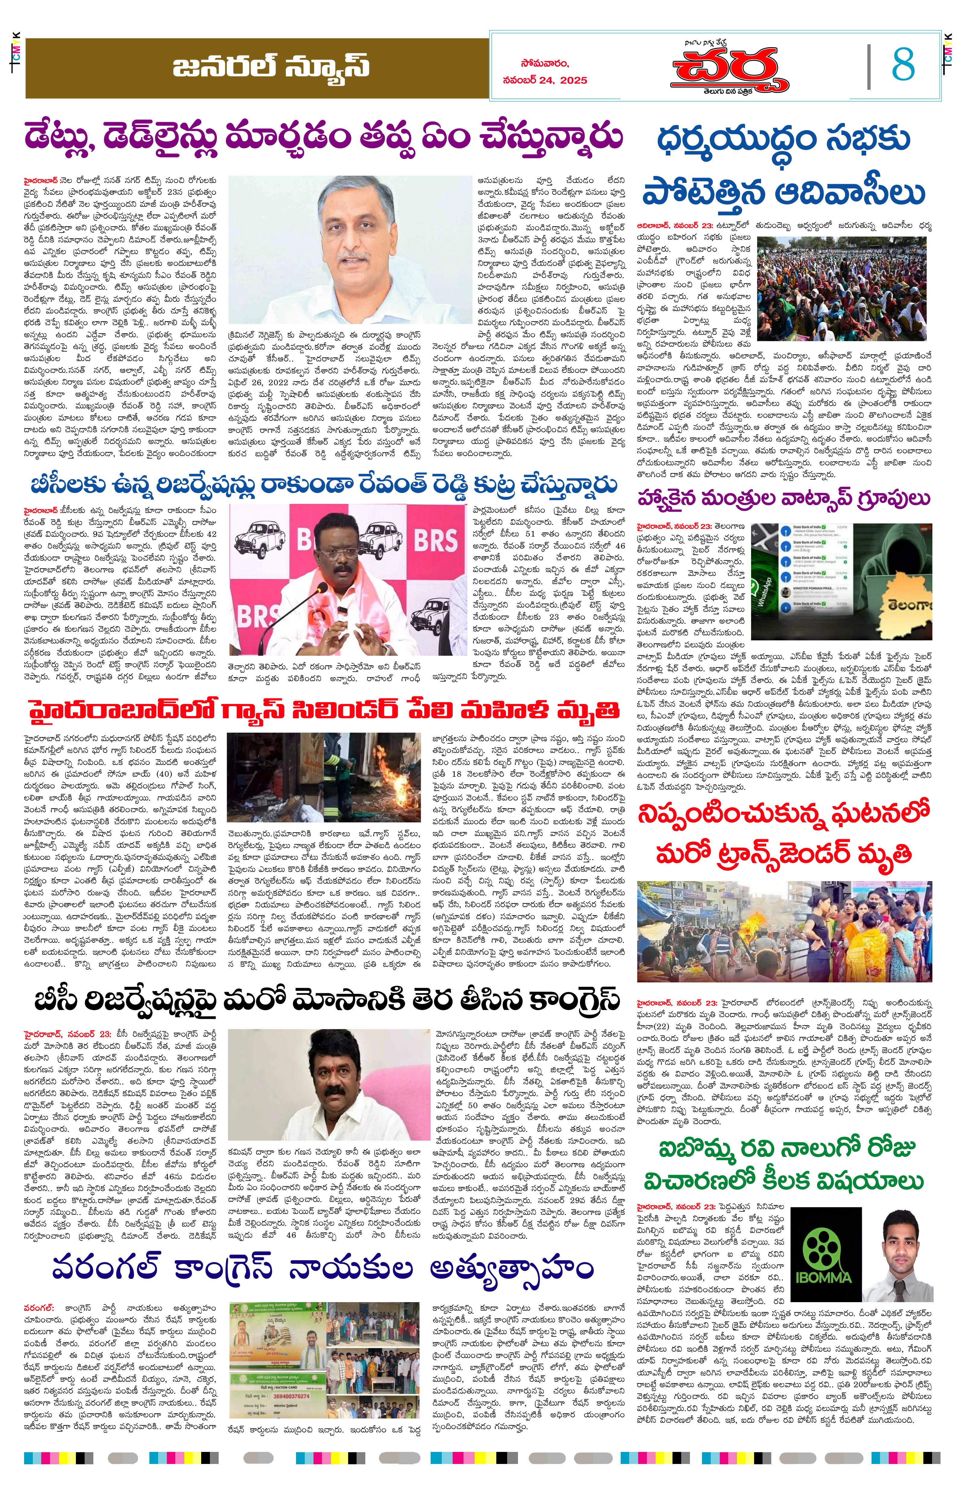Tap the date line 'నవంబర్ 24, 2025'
[544, 80]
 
